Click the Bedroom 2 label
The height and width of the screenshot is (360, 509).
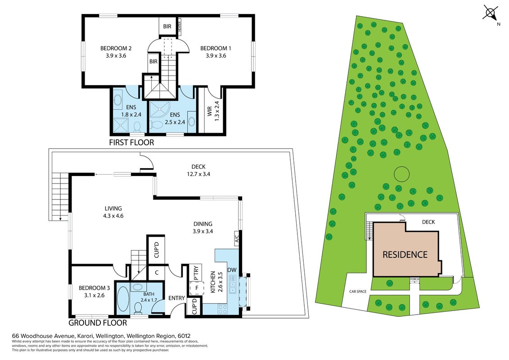pyautogui.click(x=116, y=48)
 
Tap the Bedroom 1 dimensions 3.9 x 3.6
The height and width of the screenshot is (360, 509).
pyautogui.click(x=216, y=55)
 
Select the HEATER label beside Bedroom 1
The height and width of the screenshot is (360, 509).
pyautogui.click(x=179, y=26)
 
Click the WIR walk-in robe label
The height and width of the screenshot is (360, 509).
pyautogui.click(x=209, y=111)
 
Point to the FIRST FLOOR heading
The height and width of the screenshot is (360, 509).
pyautogui.click(x=131, y=143)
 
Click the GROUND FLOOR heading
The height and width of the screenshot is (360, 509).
pyautogui.click(x=98, y=323)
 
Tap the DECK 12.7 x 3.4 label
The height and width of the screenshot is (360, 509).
pyautogui.click(x=198, y=170)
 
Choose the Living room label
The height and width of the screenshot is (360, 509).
pyautogui.click(x=113, y=208)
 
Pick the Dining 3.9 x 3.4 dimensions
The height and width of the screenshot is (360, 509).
pyautogui.click(x=203, y=231)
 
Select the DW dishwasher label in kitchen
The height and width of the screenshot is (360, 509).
pyautogui.click(x=232, y=270)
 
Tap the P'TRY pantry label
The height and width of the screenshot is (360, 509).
pyautogui.click(x=196, y=273)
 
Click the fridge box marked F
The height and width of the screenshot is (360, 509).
pyautogui.click(x=196, y=288)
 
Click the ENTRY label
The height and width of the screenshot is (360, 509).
pyautogui.click(x=176, y=298)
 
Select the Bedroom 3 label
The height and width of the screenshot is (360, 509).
pyautogui.click(x=94, y=288)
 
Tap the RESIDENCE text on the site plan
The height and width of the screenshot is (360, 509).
pyautogui.click(x=405, y=255)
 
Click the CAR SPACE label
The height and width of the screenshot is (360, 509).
pyautogui.click(x=358, y=292)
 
